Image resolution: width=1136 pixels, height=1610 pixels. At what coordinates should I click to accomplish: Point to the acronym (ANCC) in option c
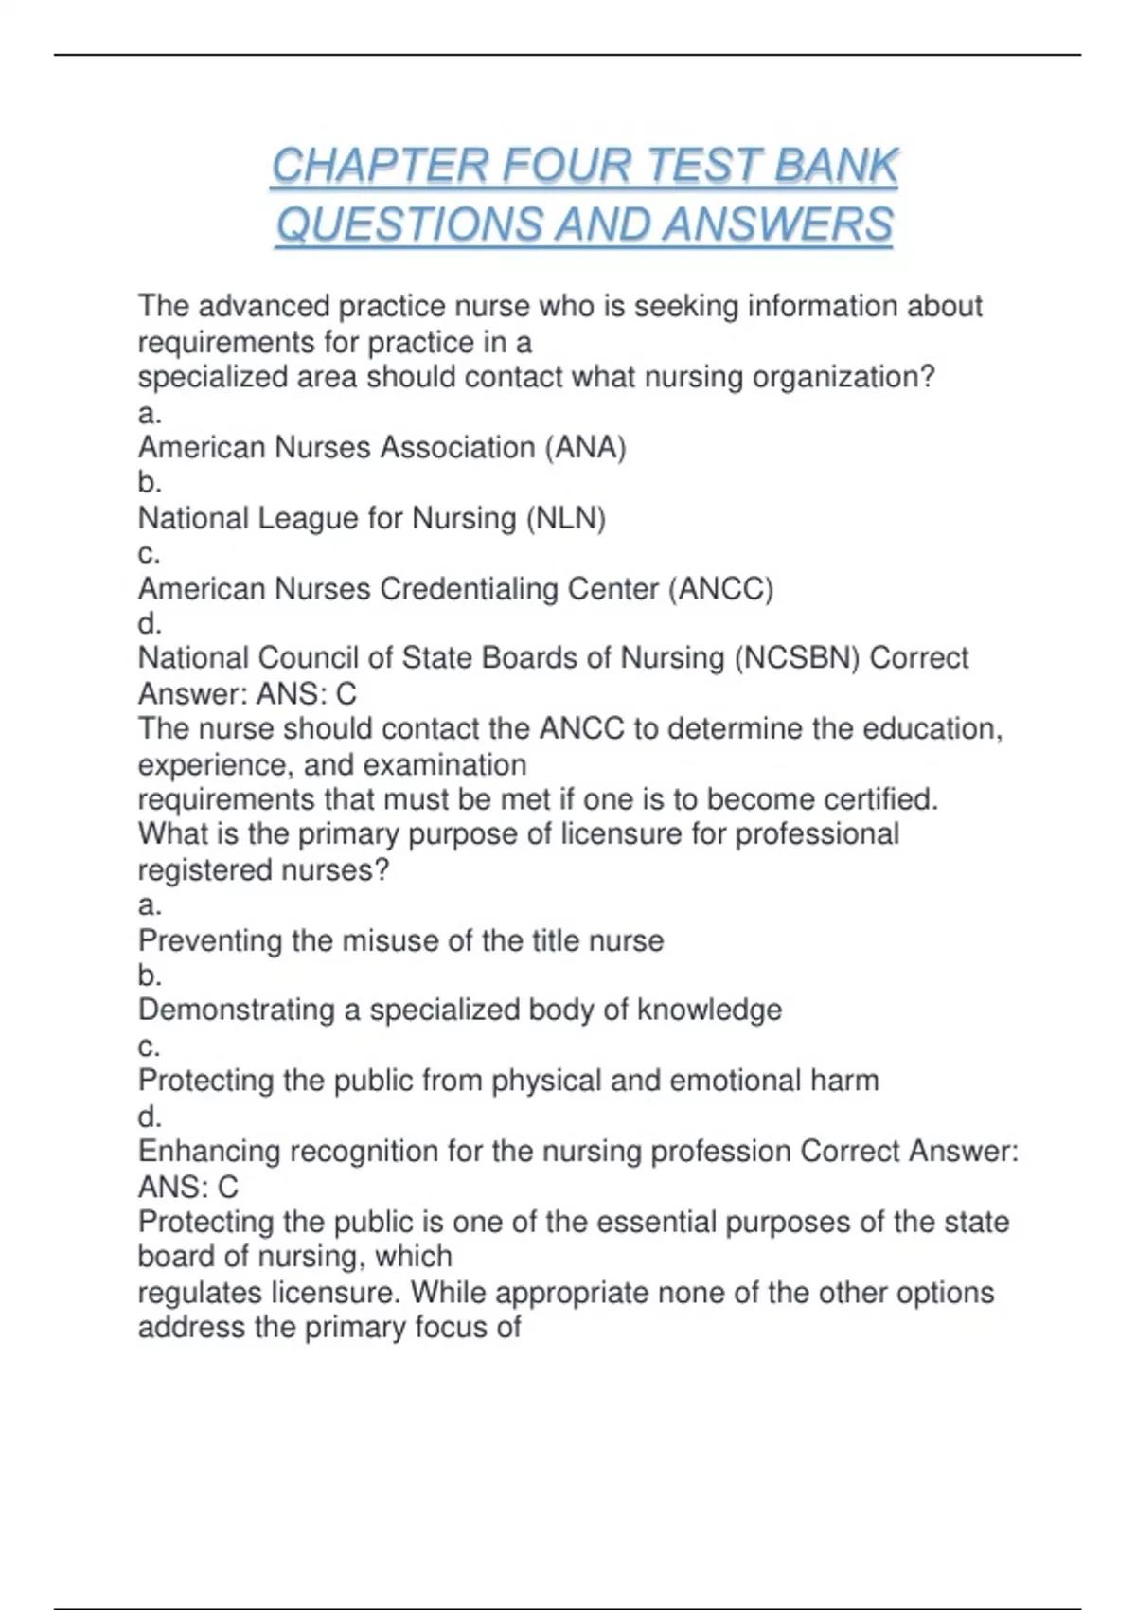pos(720,589)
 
